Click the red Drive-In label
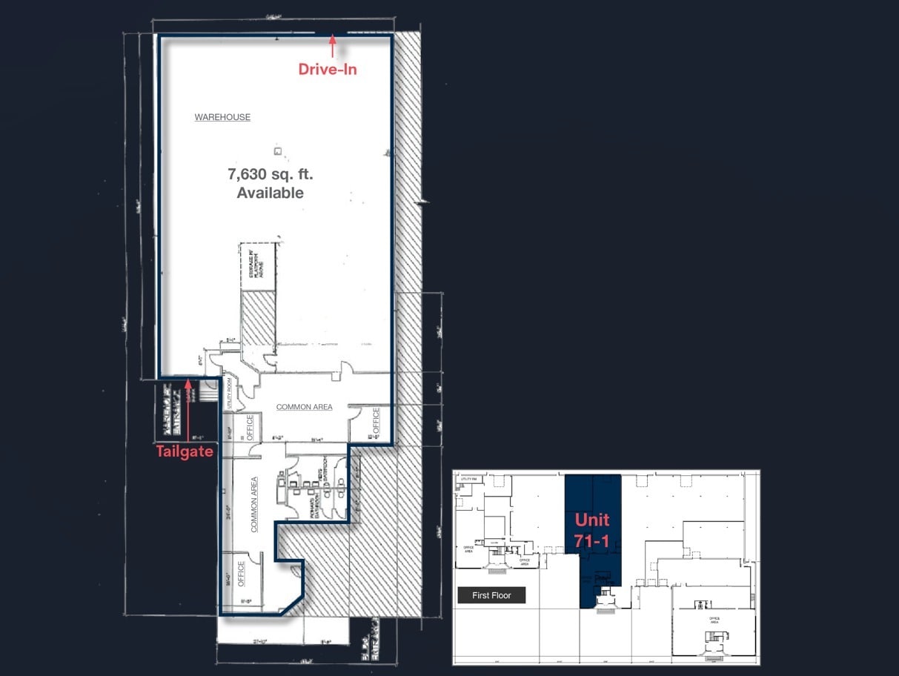pos(328,69)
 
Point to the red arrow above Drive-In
pos(333,45)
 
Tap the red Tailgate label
pos(185,451)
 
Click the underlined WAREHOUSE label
pos(222,117)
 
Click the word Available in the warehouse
pos(270,193)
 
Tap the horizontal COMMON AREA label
pos(304,407)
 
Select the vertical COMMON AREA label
pos(254,504)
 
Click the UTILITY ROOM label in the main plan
pos(230,394)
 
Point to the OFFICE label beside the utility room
pos(250,428)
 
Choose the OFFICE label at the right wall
pos(376,420)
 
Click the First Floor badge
pos(491,595)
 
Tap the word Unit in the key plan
pos(591,520)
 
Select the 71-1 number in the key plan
pos(591,541)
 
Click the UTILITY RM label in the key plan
pos(468,480)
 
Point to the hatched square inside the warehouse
pos(259,319)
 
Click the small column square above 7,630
pos(277,151)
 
